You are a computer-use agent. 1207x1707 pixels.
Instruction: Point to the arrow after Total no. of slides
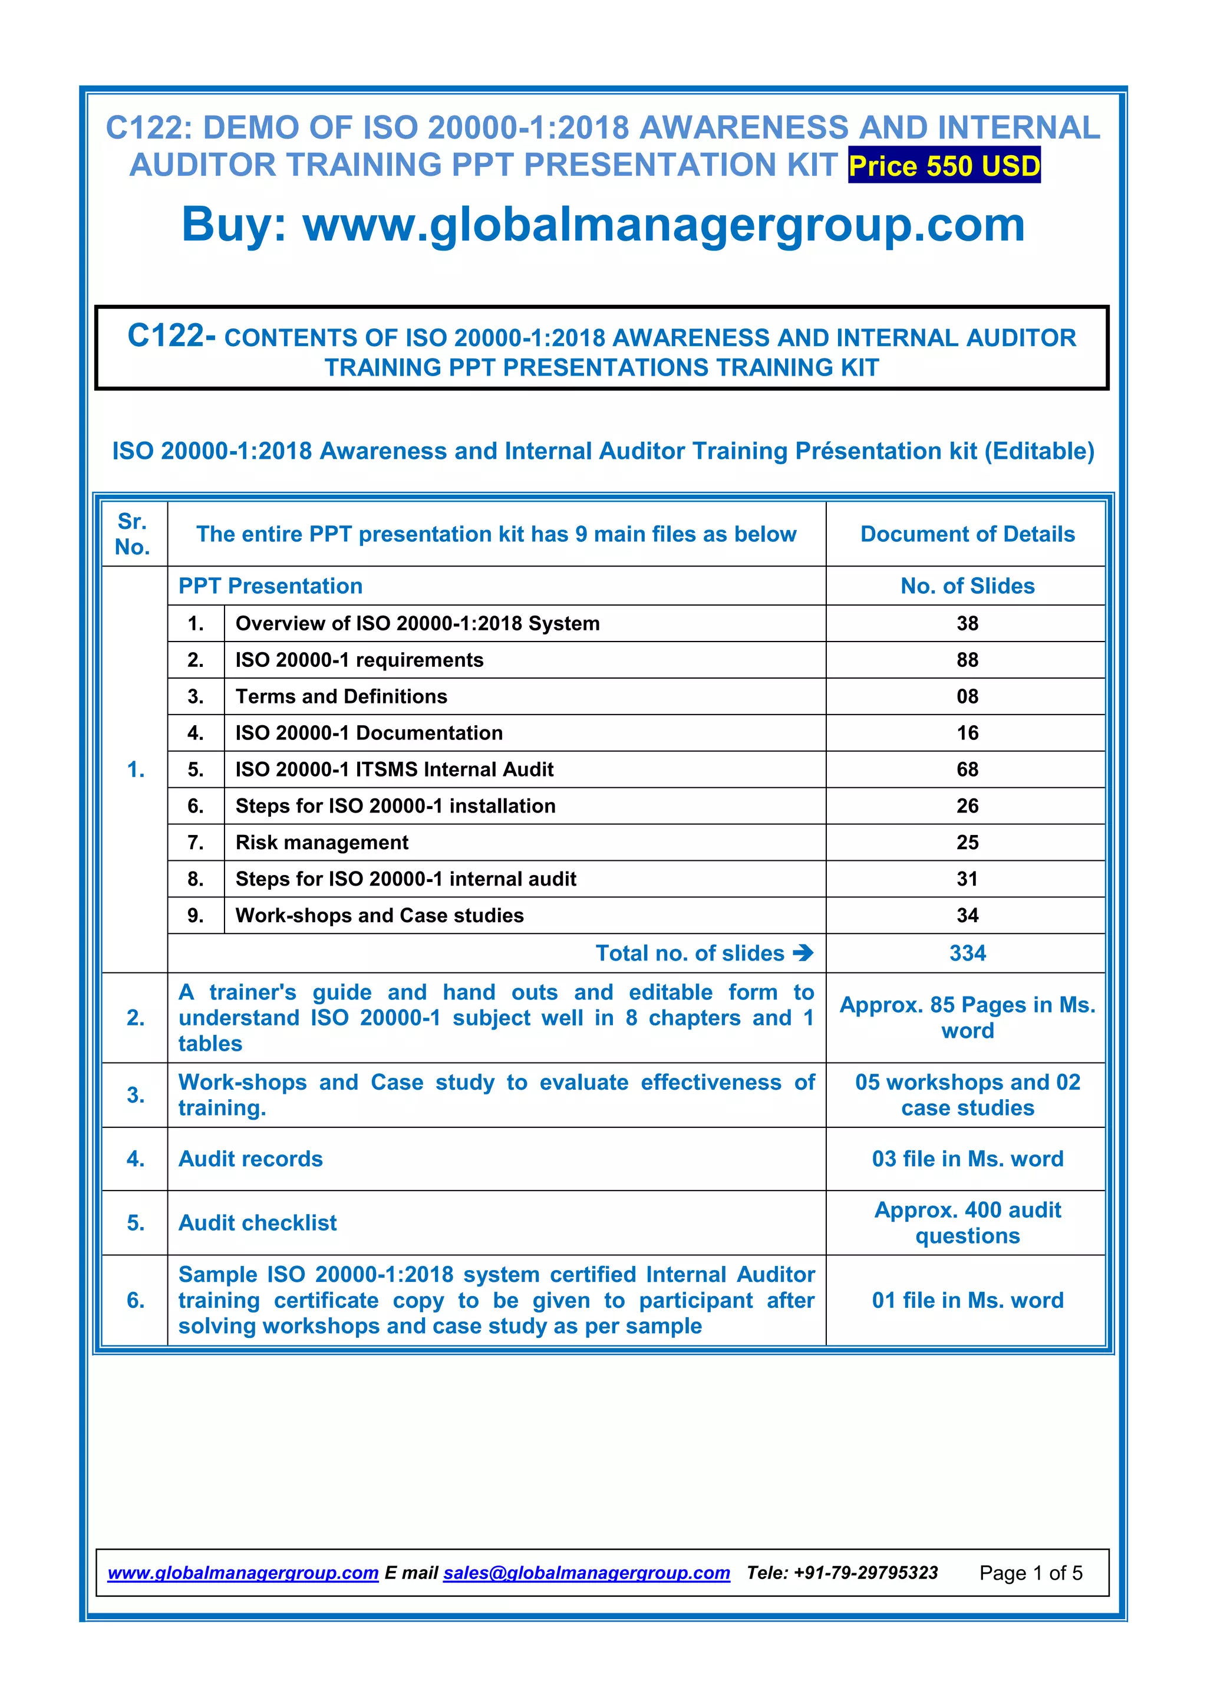[x=803, y=952]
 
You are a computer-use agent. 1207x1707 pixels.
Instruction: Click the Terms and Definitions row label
[x=341, y=696]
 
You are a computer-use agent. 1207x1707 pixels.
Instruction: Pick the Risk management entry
[x=322, y=843]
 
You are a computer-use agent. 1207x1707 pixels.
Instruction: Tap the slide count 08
[x=967, y=696]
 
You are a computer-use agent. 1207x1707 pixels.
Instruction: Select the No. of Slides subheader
[x=967, y=586]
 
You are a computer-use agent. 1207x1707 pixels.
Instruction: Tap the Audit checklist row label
[x=257, y=1222]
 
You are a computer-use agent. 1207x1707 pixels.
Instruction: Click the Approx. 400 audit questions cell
[x=967, y=1222]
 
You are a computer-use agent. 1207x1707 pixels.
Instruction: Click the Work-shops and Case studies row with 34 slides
[x=379, y=915]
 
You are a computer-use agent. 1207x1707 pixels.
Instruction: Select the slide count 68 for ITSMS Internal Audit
[x=967, y=769]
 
